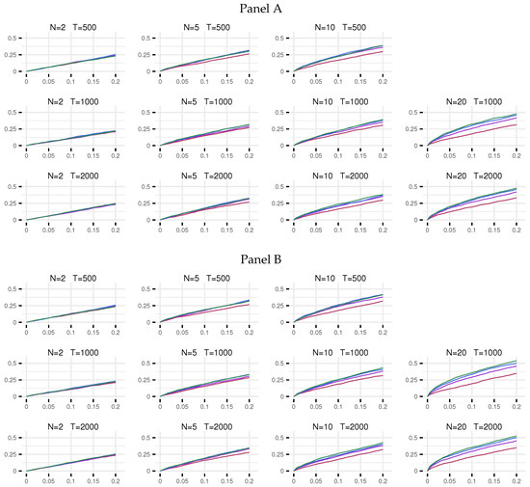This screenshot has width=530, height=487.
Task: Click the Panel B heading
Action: [265, 259]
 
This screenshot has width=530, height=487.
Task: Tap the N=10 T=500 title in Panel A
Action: [334, 27]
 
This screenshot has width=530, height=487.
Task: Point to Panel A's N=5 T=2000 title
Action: [202, 176]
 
